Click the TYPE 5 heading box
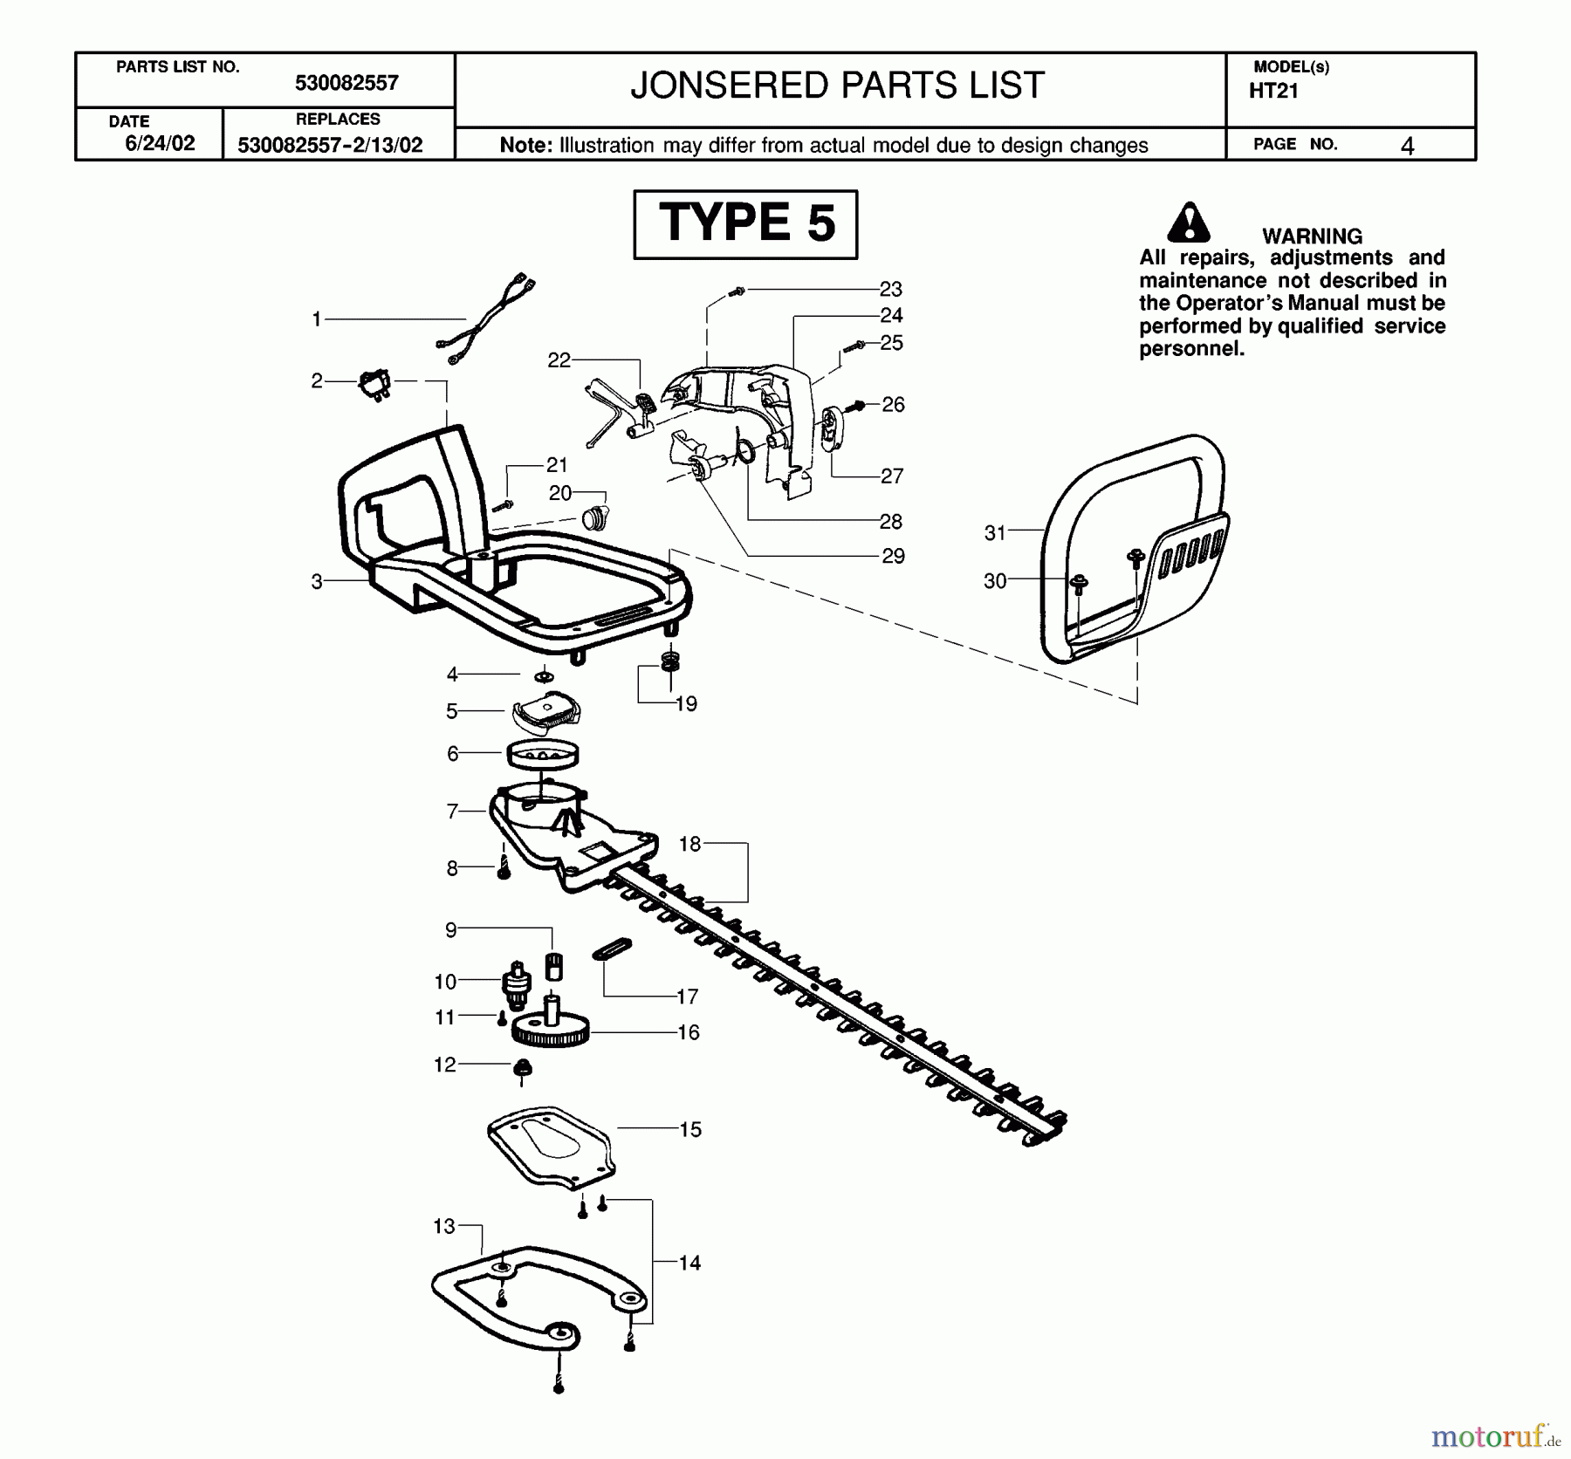[745, 224]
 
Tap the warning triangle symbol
[1188, 223]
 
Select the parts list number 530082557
[346, 83]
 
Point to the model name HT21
[1273, 91]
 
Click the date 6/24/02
[160, 143]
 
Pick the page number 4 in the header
[1406, 146]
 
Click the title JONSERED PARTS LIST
[837, 86]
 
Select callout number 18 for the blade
[689, 844]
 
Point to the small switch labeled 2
[375, 384]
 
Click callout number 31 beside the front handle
[995, 532]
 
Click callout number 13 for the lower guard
[443, 1226]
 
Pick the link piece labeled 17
[612, 949]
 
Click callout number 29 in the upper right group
[892, 556]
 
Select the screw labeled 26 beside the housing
[858, 405]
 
